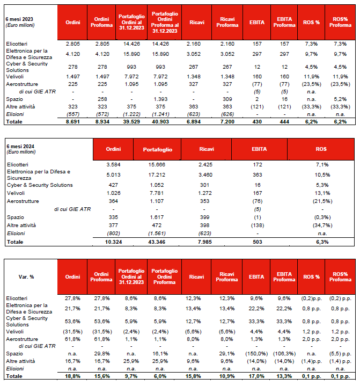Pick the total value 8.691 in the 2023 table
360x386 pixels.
click(73, 122)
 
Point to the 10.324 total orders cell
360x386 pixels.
click(113, 243)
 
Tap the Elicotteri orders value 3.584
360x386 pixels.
click(113, 164)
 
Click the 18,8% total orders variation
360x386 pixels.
click(73, 377)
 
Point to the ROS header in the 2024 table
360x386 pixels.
click(322, 149)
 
